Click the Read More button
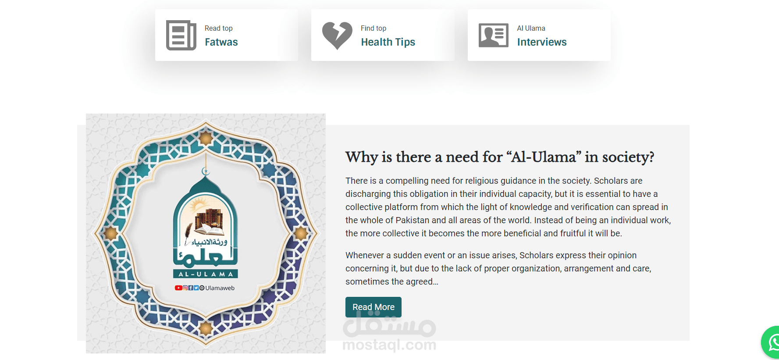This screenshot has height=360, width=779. [x=373, y=307]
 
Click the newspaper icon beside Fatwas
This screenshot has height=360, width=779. [x=181, y=35]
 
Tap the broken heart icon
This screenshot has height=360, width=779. [x=337, y=35]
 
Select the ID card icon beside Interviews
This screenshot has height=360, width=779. [x=494, y=35]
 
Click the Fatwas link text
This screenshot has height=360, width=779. [x=221, y=42]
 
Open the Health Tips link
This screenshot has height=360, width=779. [x=388, y=42]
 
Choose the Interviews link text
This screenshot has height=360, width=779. [x=542, y=42]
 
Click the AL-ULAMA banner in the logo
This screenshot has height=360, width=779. [x=206, y=274]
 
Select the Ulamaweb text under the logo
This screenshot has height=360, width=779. [x=220, y=288]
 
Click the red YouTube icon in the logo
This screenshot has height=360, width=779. [x=178, y=288]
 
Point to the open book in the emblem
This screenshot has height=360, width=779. [x=209, y=229]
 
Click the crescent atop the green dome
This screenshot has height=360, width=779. [x=206, y=171]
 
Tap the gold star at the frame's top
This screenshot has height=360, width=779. [x=206, y=139]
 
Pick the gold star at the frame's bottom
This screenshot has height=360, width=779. [x=206, y=328]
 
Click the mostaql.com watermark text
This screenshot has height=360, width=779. [x=389, y=345]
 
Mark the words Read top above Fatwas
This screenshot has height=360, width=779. [x=219, y=29]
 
